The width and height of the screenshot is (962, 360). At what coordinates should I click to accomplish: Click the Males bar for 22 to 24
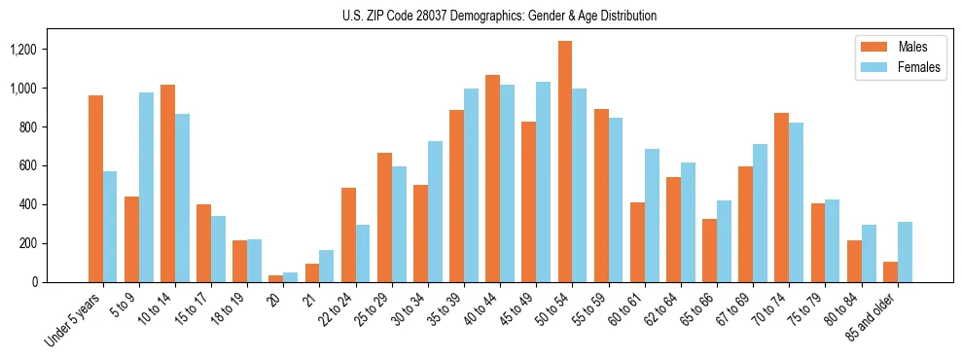click(348, 234)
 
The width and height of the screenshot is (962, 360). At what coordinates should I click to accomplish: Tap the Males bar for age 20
click(276, 278)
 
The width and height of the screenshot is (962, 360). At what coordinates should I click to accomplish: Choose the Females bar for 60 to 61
click(652, 215)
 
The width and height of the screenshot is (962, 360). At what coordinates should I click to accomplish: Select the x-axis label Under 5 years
click(74, 320)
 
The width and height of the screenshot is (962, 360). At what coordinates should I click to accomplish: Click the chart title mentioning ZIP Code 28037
click(499, 16)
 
